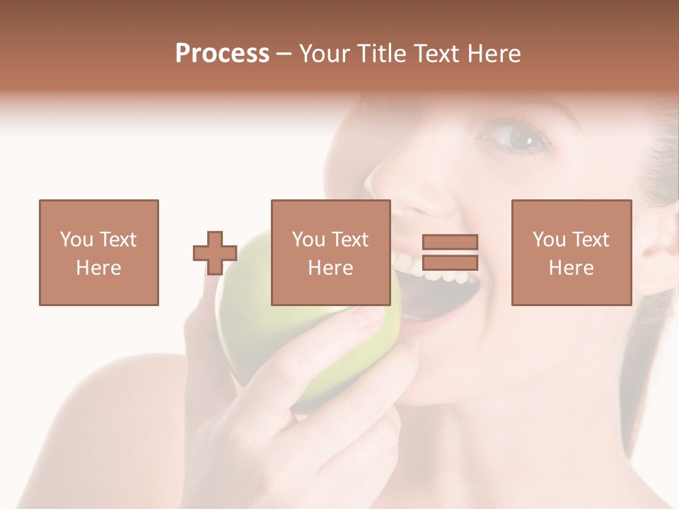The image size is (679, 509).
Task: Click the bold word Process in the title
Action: [222, 54]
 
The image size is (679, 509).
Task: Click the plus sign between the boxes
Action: [215, 253]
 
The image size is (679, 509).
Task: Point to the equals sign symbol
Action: [450, 252]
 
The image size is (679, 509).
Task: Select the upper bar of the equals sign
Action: [450, 242]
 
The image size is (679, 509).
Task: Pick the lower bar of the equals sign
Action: [450, 262]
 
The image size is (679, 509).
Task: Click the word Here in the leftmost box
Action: [98, 268]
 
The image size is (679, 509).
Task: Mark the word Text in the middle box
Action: [349, 240]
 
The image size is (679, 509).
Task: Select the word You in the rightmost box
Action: [549, 240]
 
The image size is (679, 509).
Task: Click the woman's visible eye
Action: [521, 138]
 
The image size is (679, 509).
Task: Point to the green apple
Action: [255, 332]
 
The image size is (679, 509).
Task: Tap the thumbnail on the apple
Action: [368, 317]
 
